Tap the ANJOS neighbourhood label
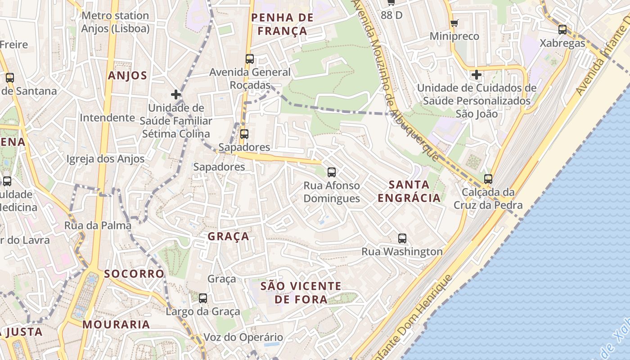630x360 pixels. coord(127,76)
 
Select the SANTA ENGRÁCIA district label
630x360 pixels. coord(409,191)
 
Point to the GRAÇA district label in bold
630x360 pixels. coord(228,237)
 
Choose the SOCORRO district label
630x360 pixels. coord(134,274)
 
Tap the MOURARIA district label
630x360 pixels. coord(116,324)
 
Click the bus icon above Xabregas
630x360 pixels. coord(562,30)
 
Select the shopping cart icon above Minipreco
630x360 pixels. coord(454,23)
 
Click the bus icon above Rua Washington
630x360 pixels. coord(402,238)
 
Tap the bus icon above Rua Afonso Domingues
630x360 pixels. coord(332,172)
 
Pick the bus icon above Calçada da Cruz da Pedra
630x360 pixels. coord(488,179)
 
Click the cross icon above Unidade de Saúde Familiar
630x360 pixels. coord(176,94)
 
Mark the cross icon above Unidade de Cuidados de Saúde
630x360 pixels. coord(477,74)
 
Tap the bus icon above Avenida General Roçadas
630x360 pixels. coord(249,59)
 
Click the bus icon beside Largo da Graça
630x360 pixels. coord(203,298)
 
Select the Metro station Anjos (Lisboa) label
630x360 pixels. coord(115,22)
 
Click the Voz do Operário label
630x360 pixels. coord(243,337)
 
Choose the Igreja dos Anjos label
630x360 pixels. coord(106,159)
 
